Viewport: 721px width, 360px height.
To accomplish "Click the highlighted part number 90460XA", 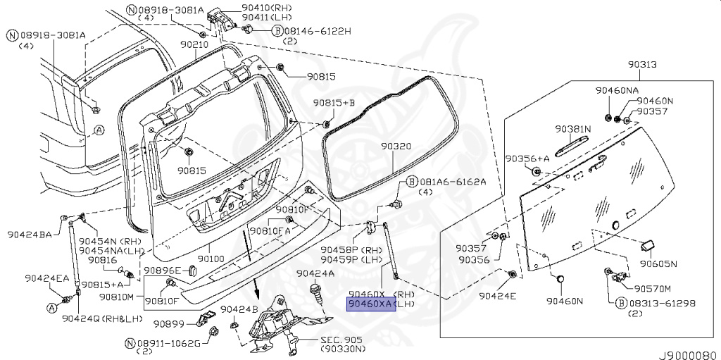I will [x=368, y=304].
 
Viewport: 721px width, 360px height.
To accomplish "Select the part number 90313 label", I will [x=643, y=64].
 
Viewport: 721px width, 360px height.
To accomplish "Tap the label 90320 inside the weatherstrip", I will [x=396, y=146].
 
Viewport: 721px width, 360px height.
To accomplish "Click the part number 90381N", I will [x=572, y=129].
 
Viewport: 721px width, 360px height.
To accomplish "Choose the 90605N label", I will [x=658, y=264].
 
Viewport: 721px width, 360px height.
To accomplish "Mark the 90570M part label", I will [x=653, y=288].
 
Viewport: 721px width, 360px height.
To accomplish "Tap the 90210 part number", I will [x=194, y=44].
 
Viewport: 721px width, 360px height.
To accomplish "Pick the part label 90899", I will [x=168, y=324].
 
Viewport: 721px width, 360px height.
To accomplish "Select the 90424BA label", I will [x=30, y=235].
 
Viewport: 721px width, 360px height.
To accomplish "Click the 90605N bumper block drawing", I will [x=648, y=245].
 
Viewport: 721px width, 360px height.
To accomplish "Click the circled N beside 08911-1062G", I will [x=129, y=343].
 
